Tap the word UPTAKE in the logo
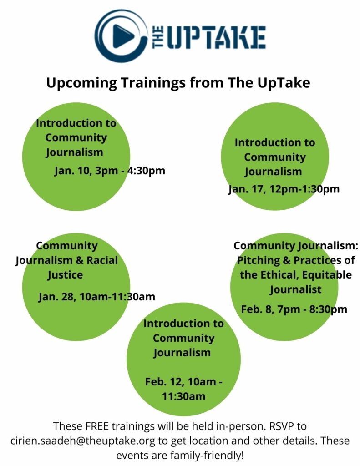216,37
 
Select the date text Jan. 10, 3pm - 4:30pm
109,171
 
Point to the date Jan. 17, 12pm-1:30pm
284,189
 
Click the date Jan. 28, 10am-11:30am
96,297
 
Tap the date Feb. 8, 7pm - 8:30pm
294,309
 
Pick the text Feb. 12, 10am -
183,382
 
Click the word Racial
102,260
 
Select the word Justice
65,275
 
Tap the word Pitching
259,261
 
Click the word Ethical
279,275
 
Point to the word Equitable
327,275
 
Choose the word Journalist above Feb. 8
295,290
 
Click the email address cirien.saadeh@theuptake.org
83,441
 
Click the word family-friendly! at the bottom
207,455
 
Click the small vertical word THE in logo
158,37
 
